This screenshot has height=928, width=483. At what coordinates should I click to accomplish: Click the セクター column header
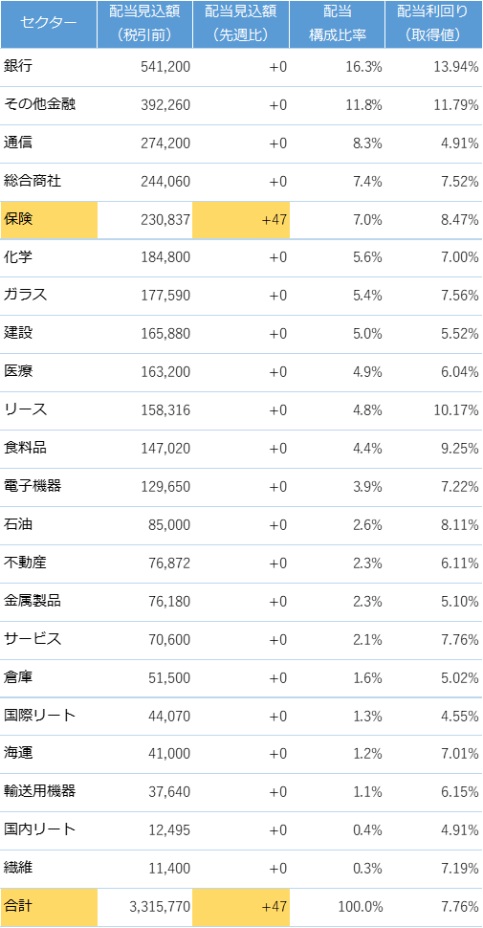[48, 23]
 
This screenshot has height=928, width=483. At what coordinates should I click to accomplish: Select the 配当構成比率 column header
[338, 23]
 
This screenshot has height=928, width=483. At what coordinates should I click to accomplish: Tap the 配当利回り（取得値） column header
[434, 23]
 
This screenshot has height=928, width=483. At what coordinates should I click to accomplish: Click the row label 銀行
[18, 66]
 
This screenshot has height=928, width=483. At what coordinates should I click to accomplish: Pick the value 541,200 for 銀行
[165, 67]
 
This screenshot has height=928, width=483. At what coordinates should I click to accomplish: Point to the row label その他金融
[39, 104]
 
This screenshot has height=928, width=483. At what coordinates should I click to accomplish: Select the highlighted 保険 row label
[18, 219]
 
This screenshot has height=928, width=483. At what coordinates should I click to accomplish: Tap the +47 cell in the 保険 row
[274, 220]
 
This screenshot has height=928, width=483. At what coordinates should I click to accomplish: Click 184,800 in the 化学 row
[165, 257]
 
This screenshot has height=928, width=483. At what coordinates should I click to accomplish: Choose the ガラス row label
[25, 296]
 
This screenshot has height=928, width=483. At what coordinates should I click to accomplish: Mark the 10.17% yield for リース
[457, 410]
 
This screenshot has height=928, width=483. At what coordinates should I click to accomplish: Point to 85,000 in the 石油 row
[169, 525]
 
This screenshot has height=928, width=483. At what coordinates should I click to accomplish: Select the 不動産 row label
[25, 563]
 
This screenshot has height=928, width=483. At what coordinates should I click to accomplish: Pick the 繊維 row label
[18, 868]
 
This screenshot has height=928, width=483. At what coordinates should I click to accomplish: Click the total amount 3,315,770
[160, 907]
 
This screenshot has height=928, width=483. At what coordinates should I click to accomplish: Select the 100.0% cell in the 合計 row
[360, 907]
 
